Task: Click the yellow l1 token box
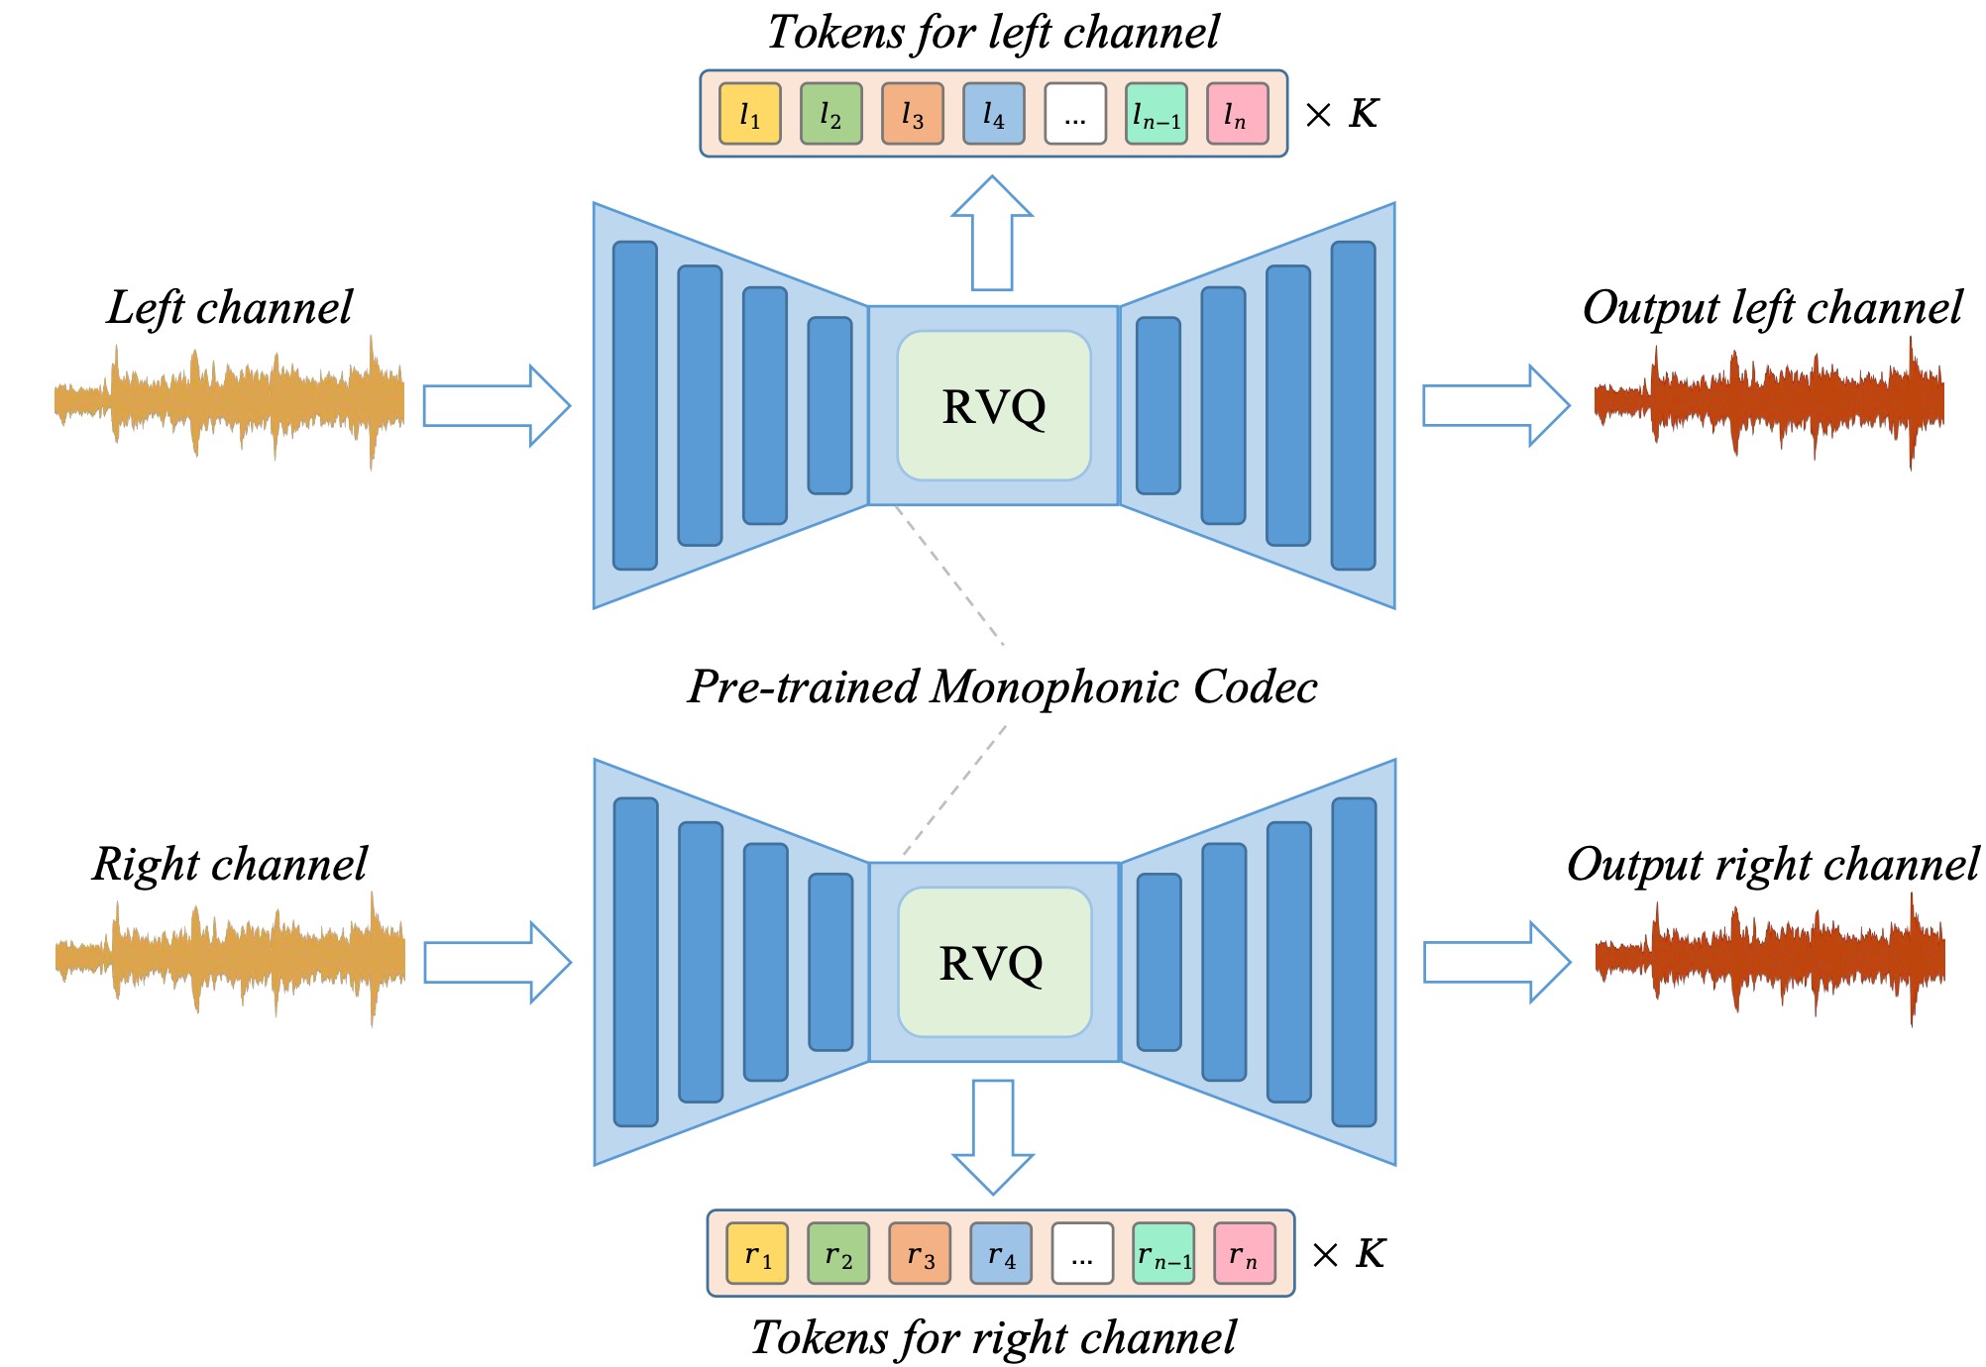(749, 114)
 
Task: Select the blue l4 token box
(993, 114)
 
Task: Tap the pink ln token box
(1237, 114)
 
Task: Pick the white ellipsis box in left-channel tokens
(1075, 114)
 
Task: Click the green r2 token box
(837, 1253)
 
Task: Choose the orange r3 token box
(919, 1253)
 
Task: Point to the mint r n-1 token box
(1163, 1253)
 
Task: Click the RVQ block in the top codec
(993, 406)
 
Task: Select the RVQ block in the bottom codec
(993, 962)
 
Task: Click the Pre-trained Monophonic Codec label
(1002, 686)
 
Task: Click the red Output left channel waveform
(1769, 402)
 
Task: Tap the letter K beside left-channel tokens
(1364, 114)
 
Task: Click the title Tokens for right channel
(993, 1337)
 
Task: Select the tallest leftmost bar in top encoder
(634, 405)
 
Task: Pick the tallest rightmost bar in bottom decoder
(1354, 962)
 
